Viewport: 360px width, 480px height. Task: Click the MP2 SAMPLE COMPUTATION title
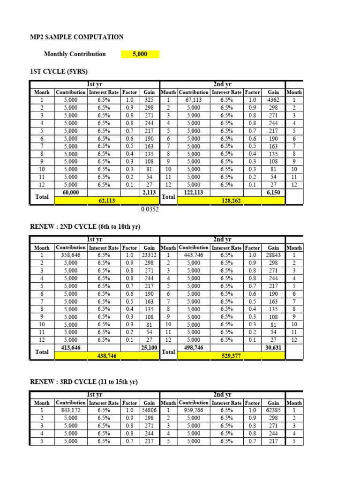[76, 37]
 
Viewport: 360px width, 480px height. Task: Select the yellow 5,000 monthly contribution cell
[140, 54]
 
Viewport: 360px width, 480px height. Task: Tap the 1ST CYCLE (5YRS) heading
[59, 71]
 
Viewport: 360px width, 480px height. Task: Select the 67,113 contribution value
[193, 100]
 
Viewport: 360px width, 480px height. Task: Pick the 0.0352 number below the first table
[150, 210]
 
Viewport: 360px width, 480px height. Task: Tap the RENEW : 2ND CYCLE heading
[85, 227]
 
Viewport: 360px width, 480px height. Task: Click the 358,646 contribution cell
[71, 255]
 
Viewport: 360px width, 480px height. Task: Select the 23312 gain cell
[149, 255]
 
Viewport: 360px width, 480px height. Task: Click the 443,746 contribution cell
[193, 255]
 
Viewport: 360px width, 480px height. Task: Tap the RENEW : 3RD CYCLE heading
[84, 382]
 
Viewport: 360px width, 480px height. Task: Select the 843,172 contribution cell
[71, 410]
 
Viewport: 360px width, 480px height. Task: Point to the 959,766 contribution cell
[193, 410]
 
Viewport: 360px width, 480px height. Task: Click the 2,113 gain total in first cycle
[149, 193]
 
